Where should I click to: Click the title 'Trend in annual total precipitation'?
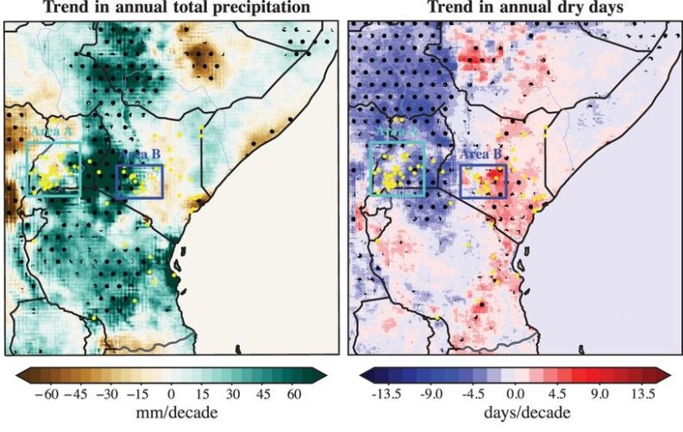click(x=169, y=8)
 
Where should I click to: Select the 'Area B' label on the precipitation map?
click(x=138, y=155)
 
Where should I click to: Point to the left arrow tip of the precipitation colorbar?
click(x=17, y=373)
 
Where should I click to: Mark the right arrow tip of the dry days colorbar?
click(x=670, y=373)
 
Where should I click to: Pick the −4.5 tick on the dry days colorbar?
click(x=471, y=392)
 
